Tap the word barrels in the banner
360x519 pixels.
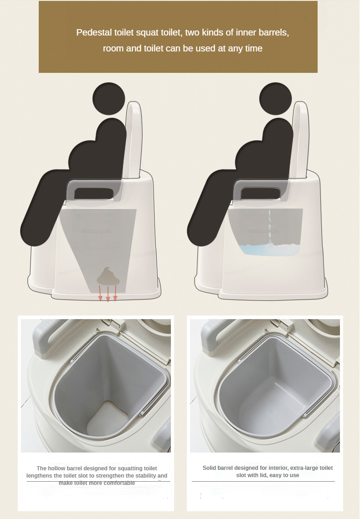(273, 32)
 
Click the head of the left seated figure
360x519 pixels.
(108, 99)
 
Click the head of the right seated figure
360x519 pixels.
(276, 99)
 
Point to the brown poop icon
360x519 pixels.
(108, 276)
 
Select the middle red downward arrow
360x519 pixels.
(108, 294)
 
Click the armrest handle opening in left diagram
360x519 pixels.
(94, 194)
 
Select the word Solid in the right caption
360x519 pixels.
(210, 468)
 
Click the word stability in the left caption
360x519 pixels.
(144, 476)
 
